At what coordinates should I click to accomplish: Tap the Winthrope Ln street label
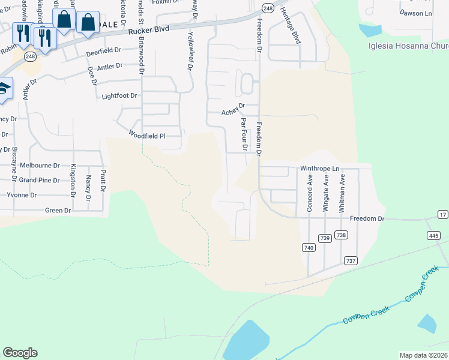[x=319, y=169]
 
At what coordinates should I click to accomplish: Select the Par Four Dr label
[x=244, y=134]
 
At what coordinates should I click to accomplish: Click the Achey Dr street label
[x=234, y=109]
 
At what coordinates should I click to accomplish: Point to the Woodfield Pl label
[x=146, y=136]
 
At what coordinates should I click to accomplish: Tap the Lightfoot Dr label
[x=119, y=95]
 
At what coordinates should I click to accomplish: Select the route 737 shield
[x=351, y=260]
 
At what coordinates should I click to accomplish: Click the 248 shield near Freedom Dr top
[x=268, y=8]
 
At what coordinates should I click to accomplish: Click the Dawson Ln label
[x=415, y=13]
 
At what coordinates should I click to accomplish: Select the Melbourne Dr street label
[x=40, y=165]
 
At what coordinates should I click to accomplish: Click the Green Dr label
[x=58, y=211]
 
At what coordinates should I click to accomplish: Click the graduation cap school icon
[x=3, y=88]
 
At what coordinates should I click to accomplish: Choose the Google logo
[x=20, y=353]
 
